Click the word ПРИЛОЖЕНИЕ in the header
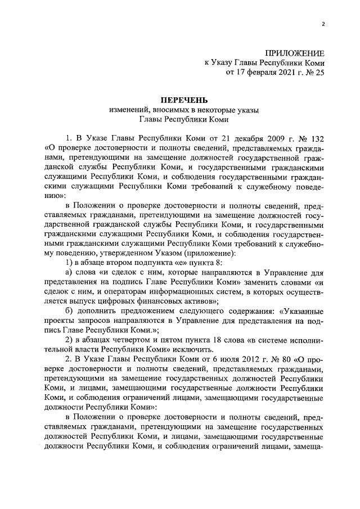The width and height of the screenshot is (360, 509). coord(298,52)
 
